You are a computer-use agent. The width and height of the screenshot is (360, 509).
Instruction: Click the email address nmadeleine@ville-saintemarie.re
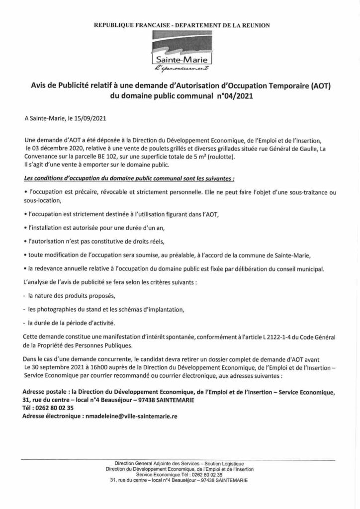(x=127, y=416)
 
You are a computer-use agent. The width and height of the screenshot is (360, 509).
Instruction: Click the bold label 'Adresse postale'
(x=44, y=392)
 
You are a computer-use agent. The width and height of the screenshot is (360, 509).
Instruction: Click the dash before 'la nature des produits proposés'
(x=25, y=296)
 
